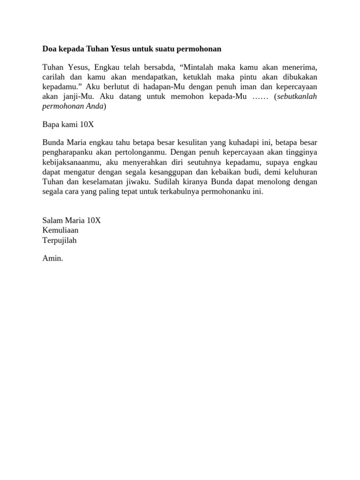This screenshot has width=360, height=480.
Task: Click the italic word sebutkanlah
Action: pos(297,97)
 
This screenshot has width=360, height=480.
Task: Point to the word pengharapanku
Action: pos(66,152)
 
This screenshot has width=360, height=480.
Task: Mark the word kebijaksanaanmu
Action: pos(70,162)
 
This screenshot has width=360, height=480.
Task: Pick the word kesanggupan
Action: pos(175,172)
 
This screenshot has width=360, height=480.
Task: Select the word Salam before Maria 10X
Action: pos(52,220)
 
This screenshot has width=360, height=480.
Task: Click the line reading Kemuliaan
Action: pos(60,230)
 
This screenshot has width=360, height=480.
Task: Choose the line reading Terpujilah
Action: pos(59,240)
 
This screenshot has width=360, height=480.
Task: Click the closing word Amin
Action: pos(52,258)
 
